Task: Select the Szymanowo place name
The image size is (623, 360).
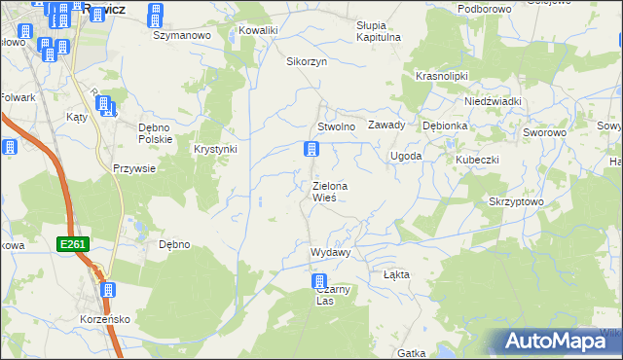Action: pos(182,35)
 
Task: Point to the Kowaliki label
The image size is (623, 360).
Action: pos(258,30)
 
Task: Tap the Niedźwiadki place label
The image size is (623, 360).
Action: pos(494,101)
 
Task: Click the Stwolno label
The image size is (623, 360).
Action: pos(336,126)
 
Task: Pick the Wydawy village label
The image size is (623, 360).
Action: pos(330,252)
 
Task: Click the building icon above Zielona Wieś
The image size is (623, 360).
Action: pos(311,150)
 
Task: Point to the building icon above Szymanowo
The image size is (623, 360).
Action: pos(155,15)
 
